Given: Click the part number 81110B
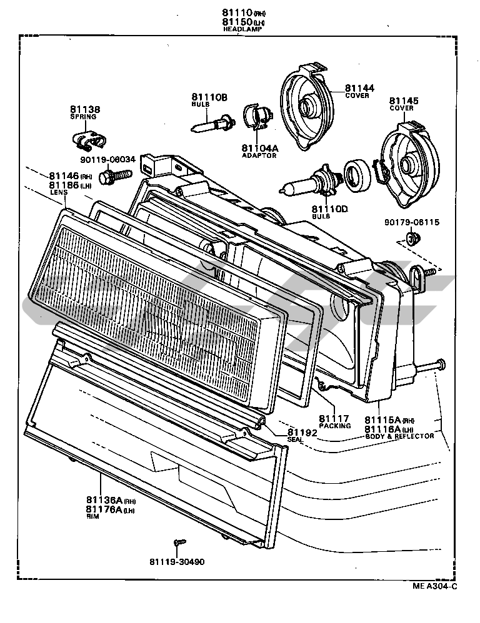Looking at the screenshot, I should click(209, 97).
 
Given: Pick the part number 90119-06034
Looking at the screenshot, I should click(107, 159).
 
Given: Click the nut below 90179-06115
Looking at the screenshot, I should click(411, 238).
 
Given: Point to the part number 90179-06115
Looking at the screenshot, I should click(412, 222).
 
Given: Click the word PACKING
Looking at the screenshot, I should click(334, 426).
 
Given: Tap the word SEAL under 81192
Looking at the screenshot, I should click(295, 439).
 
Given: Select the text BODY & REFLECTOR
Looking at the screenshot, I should click(399, 436).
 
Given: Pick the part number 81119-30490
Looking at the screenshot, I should click(177, 561).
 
